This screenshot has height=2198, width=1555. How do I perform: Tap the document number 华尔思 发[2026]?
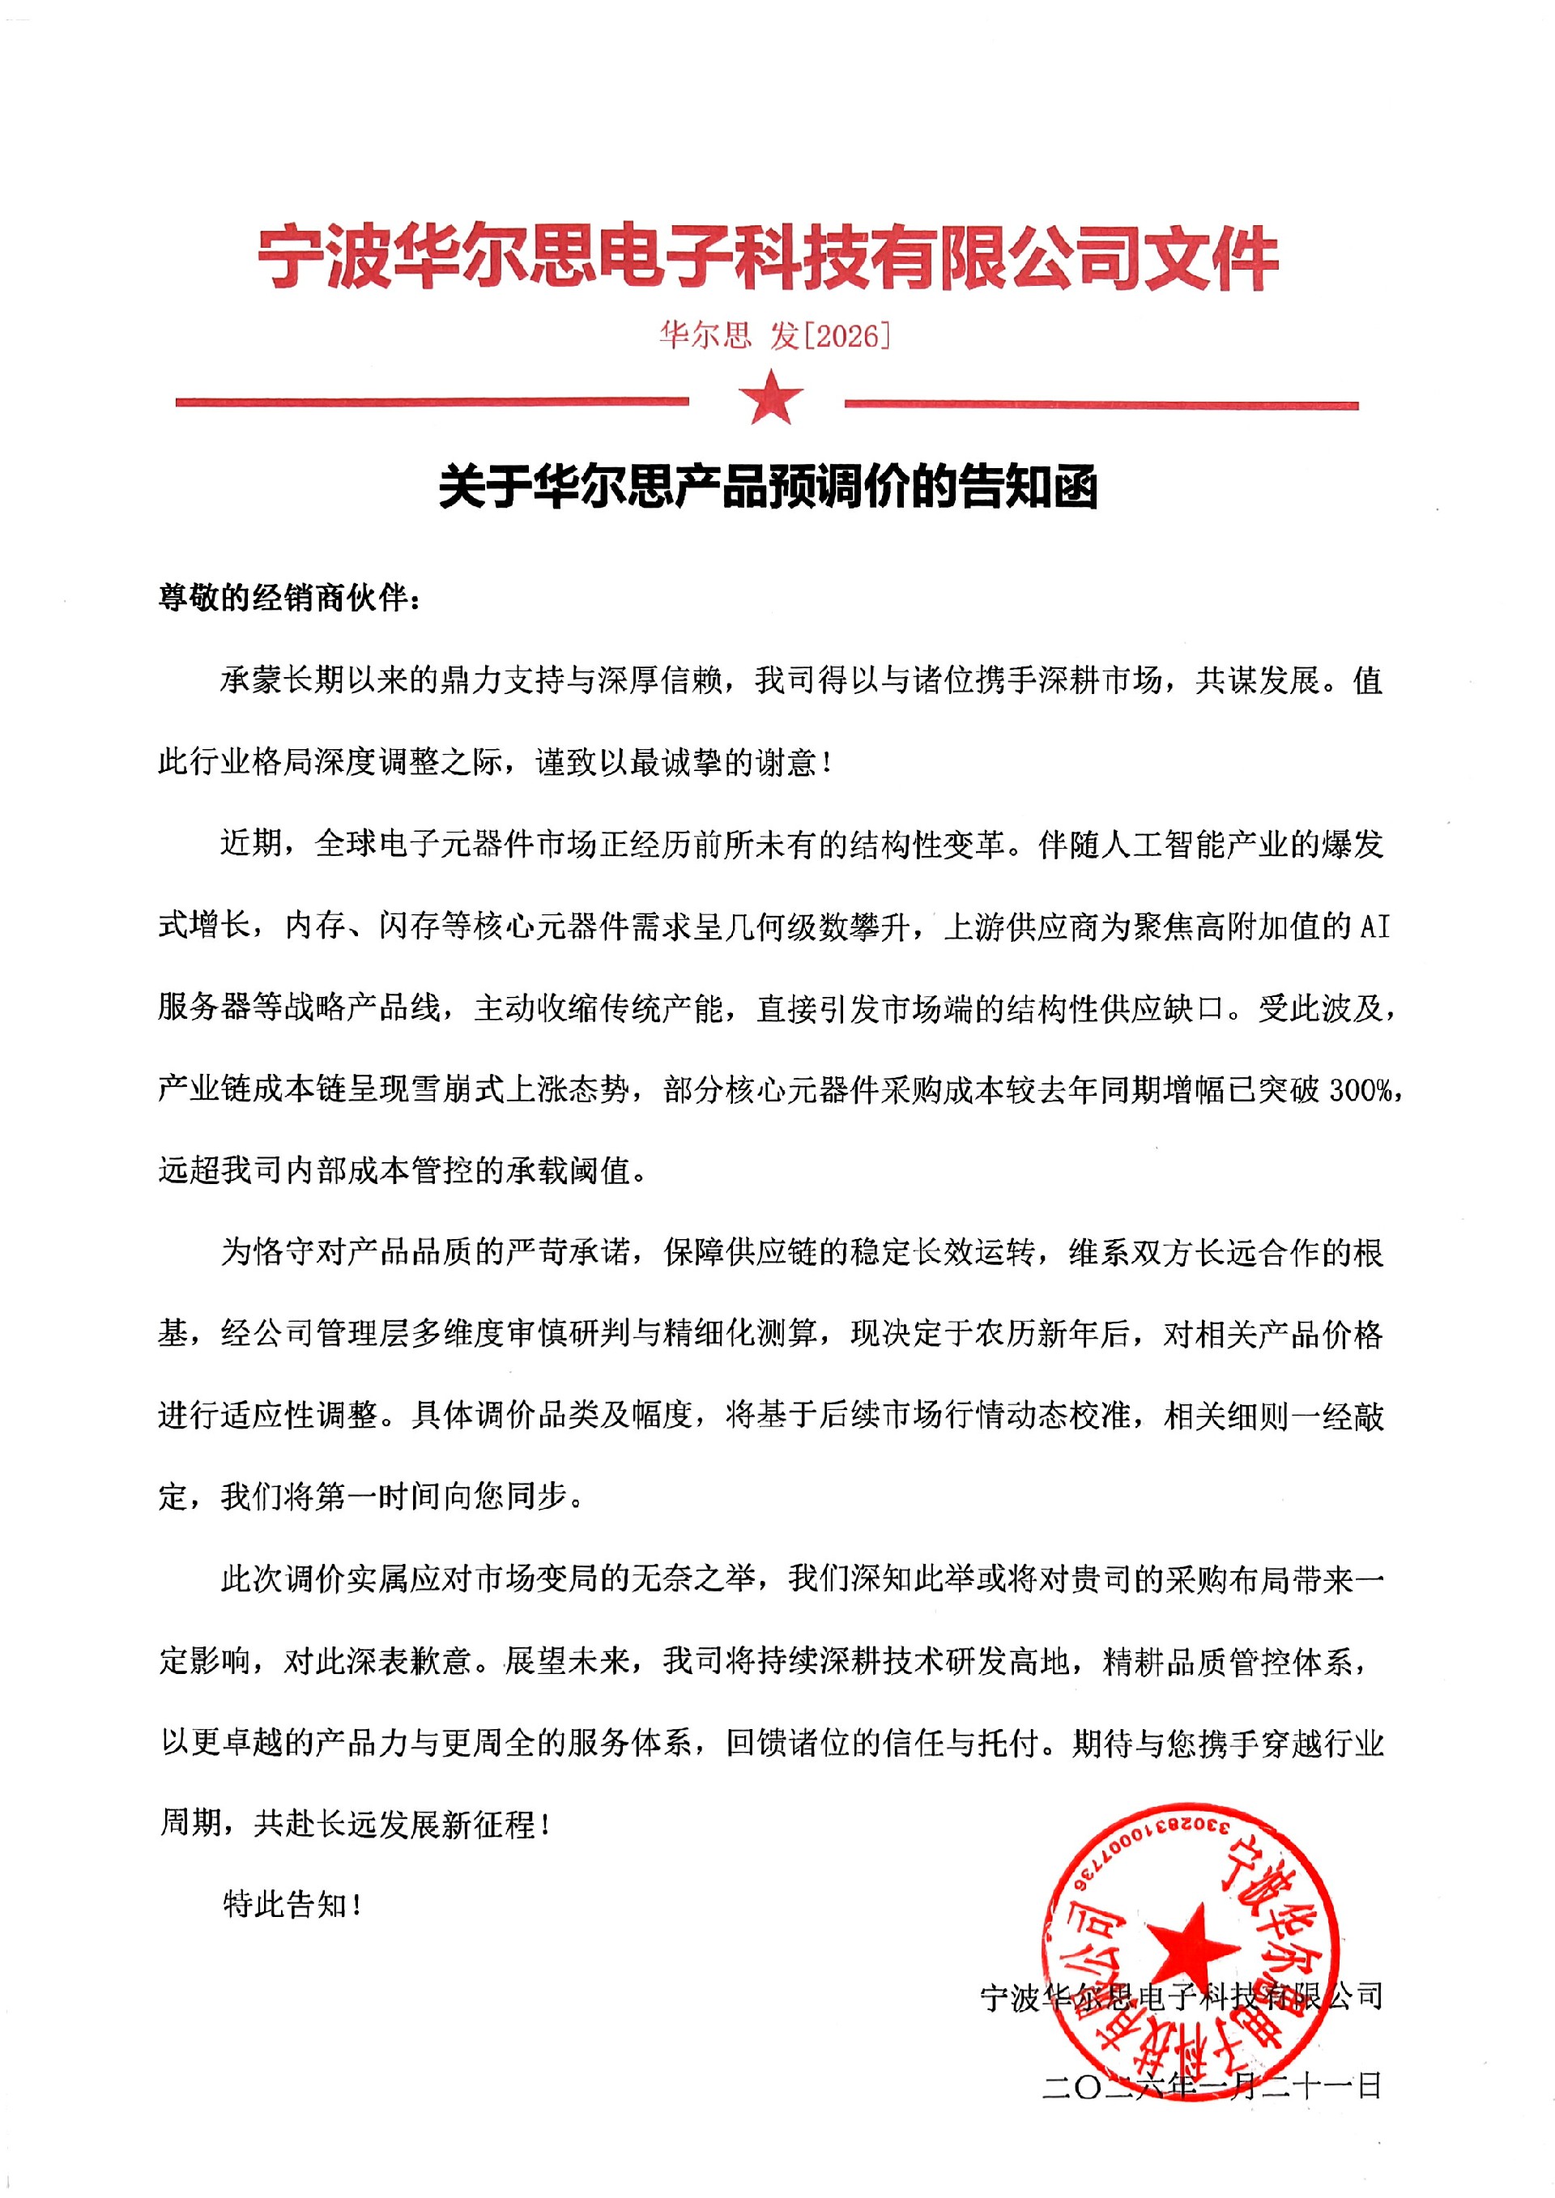(x=773, y=335)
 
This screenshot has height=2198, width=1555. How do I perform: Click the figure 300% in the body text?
(x=1360, y=1089)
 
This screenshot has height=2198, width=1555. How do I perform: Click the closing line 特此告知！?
(x=292, y=1904)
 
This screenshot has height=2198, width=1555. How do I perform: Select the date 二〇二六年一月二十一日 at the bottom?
(x=1212, y=2086)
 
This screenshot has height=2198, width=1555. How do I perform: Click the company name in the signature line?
(x=1181, y=1998)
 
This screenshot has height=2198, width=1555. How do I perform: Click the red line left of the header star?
(x=432, y=402)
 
